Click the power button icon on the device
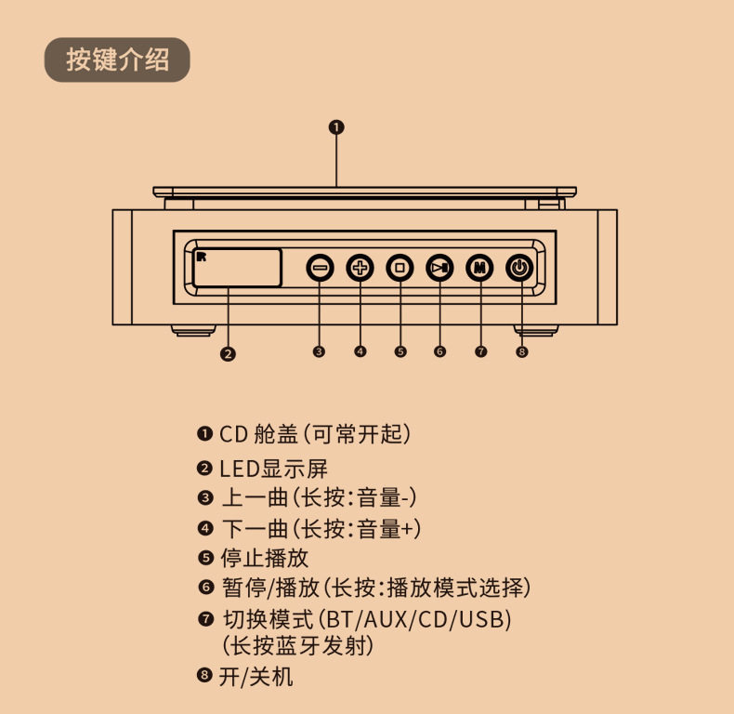coord(520,268)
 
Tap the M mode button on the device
coord(479,268)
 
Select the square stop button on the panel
coord(400,268)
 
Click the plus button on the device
coord(360,268)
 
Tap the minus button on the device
coord(320,268)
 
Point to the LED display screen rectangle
coord(237,268)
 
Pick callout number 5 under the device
coord(400,351)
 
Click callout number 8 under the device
coord(521,351)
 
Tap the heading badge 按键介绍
coord(117,60)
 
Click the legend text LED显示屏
coord(273,469)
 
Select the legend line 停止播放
coord(265,558)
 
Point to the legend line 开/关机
coord(256,676)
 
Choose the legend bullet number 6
coord(205,588)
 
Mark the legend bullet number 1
coord(205,434)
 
